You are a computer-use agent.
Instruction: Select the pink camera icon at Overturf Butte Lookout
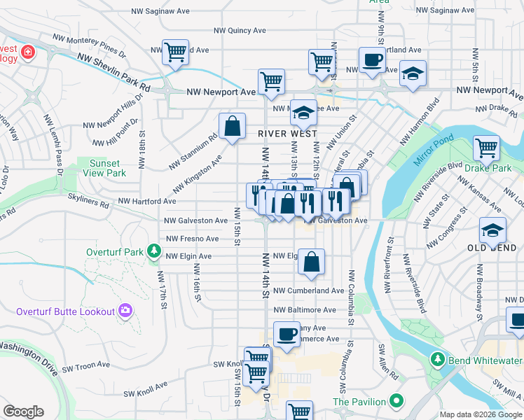click(x=125, y=310)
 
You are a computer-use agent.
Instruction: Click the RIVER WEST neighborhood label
click(x=287, y=134)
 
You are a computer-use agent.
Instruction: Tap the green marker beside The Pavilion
click(x=397, y=402)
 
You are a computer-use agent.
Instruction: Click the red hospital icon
click(x=27, y=52)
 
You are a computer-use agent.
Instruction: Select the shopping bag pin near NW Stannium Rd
click(x=233, y=127)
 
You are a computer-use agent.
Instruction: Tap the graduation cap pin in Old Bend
click(x=492, y=230)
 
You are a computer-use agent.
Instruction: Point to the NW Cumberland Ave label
click(x=309, y=290)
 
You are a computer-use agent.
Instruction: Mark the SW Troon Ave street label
click(x=85, y=365)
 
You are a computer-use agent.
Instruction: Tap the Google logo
click(x=23, y=412)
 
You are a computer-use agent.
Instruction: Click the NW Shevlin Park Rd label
click(x=113, y=72)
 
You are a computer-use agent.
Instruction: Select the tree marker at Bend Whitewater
click(x=438, y=359)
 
